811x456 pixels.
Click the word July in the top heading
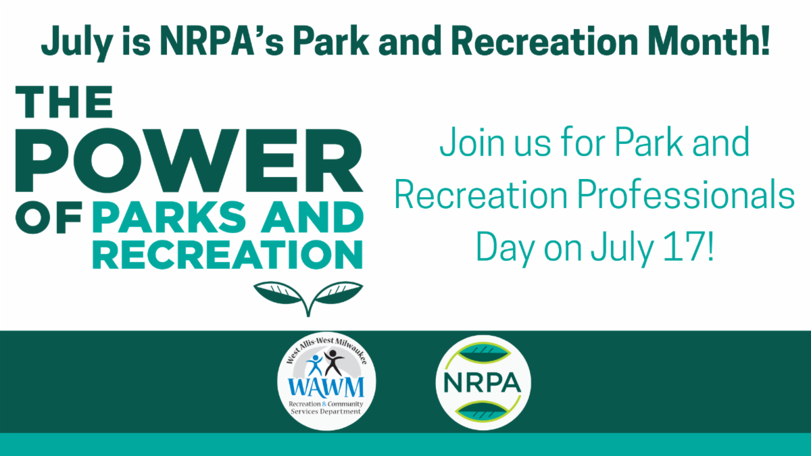coord(77,43)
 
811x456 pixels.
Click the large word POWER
coord(189,160)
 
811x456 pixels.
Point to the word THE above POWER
coord(64,102)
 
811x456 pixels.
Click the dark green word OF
coord(49,217)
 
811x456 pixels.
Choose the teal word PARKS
coord(169,217)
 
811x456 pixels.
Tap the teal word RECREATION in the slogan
coord(228,255)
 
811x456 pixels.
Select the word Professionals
coord(686,195)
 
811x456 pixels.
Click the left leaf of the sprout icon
coord(278,293)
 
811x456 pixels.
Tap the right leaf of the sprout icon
coord(338,293)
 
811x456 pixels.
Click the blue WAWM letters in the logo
coord(326,388)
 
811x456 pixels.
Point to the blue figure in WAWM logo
coord(315,365)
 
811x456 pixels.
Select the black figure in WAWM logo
coord(333,363)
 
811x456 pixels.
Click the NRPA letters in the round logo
coord(483,383)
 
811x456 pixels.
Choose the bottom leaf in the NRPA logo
coord(483,411)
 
